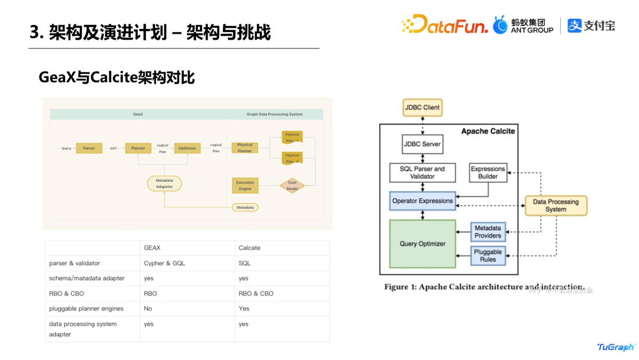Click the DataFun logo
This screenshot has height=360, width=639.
[x=445, y=24]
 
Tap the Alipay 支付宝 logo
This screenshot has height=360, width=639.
[x=591, y=25]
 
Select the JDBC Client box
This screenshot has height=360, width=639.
[x=422, y=108]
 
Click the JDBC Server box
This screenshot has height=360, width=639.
[x=422, y=144]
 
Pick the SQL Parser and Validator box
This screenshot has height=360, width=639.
[x=422, y=172]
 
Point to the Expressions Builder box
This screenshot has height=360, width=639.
[x=488, y=172]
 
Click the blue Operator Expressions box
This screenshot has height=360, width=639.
[x=422, y=201]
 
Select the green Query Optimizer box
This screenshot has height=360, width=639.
[x=422, y=243]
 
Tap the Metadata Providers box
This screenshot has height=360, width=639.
[x=488, y=232]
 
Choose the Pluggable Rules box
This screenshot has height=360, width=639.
[x=488, y=255]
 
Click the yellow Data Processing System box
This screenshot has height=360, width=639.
[x=556, y=205]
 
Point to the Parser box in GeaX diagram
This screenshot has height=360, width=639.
[x=89, y=148]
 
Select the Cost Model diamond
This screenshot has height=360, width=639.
[x=292, y=186]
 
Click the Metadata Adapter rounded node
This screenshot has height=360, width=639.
[x=164, y=183]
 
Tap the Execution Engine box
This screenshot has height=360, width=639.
[x=245, y=186]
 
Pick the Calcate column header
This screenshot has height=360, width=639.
[x=249, y=248]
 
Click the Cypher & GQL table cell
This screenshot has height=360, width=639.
[x=164, y=263]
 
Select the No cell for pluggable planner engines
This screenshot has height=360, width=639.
[x=148, y=308]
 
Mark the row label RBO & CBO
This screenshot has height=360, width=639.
[x=66, y=294]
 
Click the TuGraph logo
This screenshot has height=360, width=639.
[x=615, y=347]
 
